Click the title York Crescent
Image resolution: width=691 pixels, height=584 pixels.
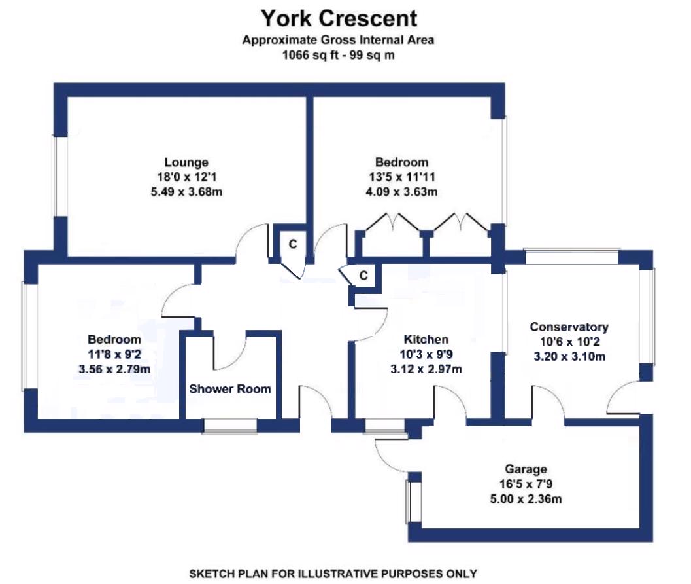pos(339,18)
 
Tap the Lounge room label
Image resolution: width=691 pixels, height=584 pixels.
pos(186,162)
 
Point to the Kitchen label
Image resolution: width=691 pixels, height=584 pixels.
pos(426,340)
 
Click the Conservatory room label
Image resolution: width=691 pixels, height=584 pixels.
pos(569,327)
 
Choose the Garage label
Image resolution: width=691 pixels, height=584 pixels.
pos(526,469)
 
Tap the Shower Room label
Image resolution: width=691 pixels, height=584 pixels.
pos(230,389)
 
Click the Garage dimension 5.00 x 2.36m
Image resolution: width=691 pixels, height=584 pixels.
pos(526,500)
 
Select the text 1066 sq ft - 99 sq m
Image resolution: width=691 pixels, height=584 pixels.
pos(339,55)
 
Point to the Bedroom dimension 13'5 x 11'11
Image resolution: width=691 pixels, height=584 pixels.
pos(401,177)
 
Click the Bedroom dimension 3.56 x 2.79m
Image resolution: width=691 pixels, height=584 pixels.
pos(114,369)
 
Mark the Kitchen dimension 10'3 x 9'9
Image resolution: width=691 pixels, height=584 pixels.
pos(426,354)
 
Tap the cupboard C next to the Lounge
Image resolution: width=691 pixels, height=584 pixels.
pos(293,244)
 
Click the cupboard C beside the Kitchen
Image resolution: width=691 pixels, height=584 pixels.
pos(364,275)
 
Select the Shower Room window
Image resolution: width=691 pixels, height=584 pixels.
pos(229,426)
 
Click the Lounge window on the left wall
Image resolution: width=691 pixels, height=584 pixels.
pos(60,175)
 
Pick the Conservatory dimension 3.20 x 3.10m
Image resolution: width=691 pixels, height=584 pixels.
pos(569,357)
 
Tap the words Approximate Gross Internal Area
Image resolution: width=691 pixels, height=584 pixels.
pos(339,40)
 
